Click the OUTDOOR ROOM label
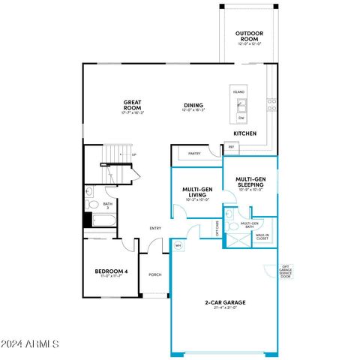coord(248,35)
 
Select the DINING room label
coord(193,106)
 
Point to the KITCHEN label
coord(245,133)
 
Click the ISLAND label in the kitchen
coord(239,92)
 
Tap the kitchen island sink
coord(241,104)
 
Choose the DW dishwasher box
coord(241,118)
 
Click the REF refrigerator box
coord(231,147)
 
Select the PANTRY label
coord(194,154)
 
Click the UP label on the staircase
coord(134,156)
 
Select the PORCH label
coord(154,274)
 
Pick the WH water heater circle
coord(178,245)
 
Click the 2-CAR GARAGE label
coord(226,304)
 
